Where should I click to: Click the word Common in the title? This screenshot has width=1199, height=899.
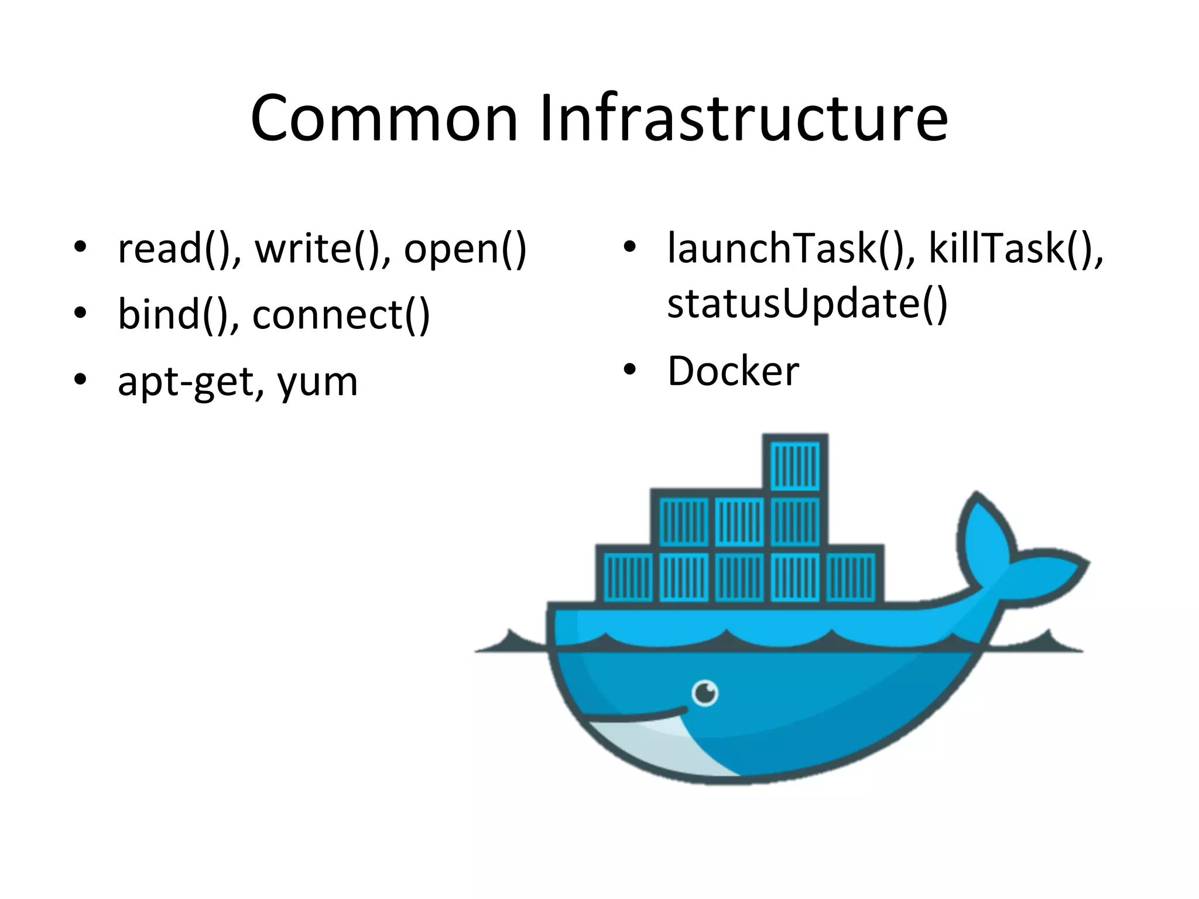[x=384, y=118]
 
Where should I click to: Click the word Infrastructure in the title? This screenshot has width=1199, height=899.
[x=744, y=118]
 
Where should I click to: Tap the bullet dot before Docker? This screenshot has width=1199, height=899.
[x=629, y=370]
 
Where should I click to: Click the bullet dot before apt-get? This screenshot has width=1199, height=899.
[x=80, y=380]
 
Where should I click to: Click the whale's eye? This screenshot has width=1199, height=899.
[x=705, y=694]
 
